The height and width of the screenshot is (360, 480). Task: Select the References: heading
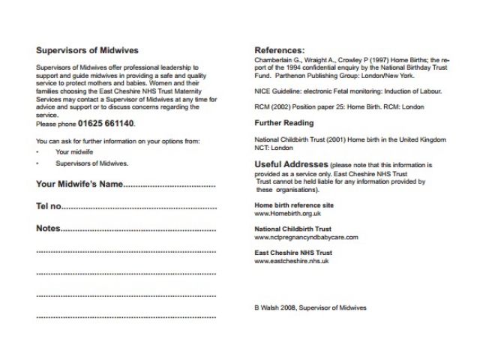point(280,49)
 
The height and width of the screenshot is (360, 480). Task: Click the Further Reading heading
point(283,121)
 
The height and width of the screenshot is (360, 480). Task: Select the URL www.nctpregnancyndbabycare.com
point(306,237)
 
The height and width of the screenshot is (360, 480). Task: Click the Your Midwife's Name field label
point(79,184)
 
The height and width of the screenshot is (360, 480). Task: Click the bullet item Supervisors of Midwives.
point(92,163)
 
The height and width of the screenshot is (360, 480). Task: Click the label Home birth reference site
point(294,205)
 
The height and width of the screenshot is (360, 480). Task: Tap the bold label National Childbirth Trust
point(292,229)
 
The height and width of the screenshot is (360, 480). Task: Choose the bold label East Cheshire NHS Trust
point(292,253)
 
